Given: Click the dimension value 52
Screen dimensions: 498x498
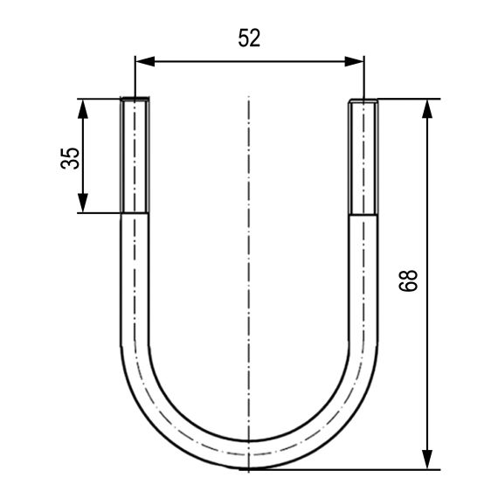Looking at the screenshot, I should [249, 38].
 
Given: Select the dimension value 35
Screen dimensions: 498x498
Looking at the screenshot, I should [71, 156].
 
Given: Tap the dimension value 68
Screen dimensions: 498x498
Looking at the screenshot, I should [412, 280].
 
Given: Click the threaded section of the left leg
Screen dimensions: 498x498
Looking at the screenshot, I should [134, 157].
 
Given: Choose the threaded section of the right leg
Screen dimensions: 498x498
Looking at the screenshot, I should [364, 157].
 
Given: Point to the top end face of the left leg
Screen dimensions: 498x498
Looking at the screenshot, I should [134, 100].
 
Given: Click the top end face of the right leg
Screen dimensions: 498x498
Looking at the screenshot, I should [364, 100].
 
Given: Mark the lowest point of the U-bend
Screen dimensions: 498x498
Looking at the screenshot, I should [249, 468].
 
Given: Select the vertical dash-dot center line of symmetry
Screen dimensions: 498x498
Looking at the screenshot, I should [249, 262].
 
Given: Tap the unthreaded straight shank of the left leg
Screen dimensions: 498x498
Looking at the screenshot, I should [134, 280].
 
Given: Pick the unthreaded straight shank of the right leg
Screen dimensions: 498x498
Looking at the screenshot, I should [364, 280].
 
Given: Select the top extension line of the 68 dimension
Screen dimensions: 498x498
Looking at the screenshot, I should [406, 99].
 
